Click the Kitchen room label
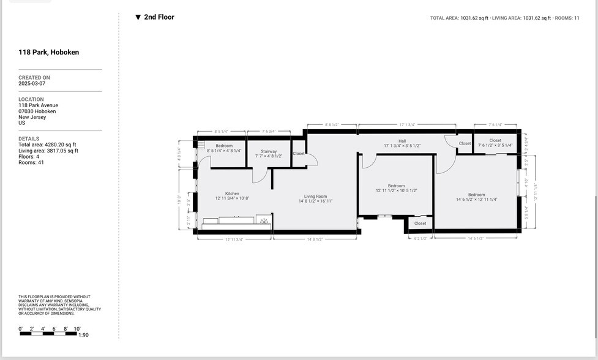click(x=232, y=193)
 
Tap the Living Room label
click(x=316, y=197)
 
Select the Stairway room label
click(x=269, y=151)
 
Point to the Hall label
click(x=402, y=141)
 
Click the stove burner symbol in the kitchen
click(x=264, y=220)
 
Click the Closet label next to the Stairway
click(x=299, y=153)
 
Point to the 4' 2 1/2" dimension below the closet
click(x=420, y=238)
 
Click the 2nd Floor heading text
click(x=159, y=17)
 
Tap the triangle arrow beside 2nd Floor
click(x=138, y=17)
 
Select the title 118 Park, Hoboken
click(x=48, y=53)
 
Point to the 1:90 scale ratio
click(x=83, y=335)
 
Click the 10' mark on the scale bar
click(x=77, y=329)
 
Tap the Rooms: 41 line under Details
click(x=31, y=162)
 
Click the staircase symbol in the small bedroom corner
click(x=200, y=144)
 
